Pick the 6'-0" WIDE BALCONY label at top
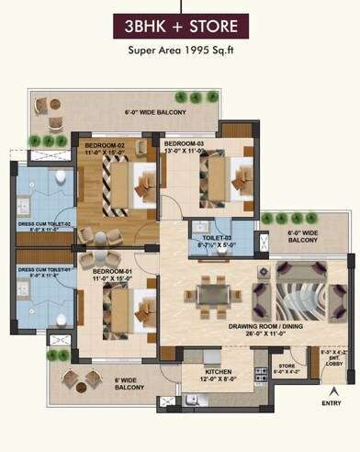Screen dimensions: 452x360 tap(155, 113)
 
